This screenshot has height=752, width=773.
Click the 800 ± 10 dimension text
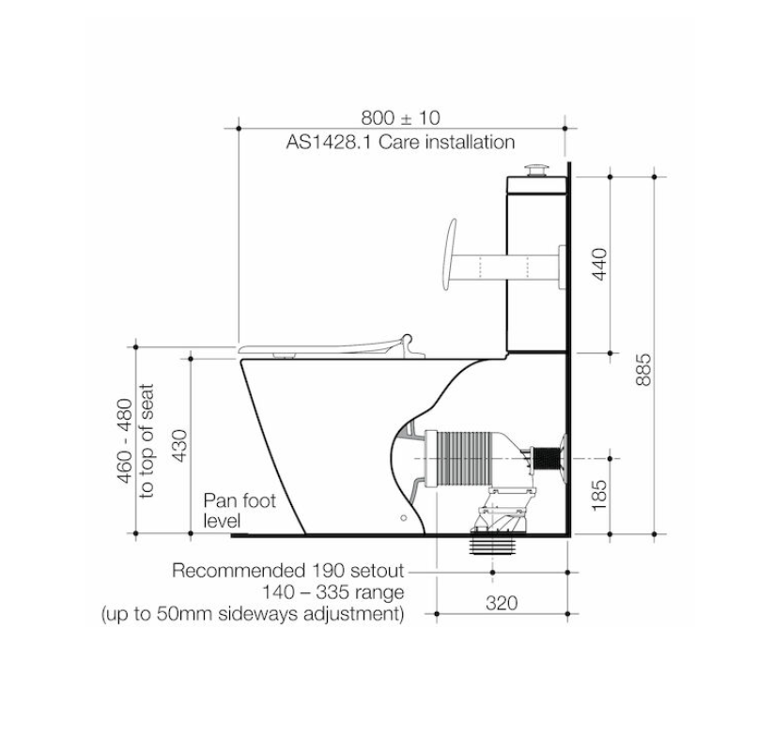tap(400, 117)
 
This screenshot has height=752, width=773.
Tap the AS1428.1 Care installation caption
tap(400, 142)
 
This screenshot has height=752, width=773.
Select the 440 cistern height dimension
tap(599, 264)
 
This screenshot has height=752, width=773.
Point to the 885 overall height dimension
tap(643, 369)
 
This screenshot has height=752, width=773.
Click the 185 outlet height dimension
tap(599, 495)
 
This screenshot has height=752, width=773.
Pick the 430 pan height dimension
tap(179, 446)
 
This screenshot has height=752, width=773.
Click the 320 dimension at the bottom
tap(502, 603)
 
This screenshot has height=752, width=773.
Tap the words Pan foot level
tap(240, 511)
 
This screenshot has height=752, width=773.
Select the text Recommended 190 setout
tap(288, 571)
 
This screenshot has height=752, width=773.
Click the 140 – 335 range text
tap(332, 591)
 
